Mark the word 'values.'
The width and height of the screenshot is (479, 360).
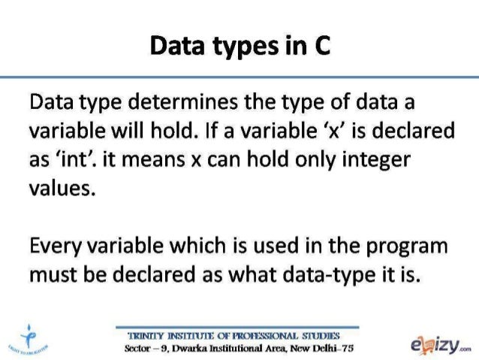point(61,186)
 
